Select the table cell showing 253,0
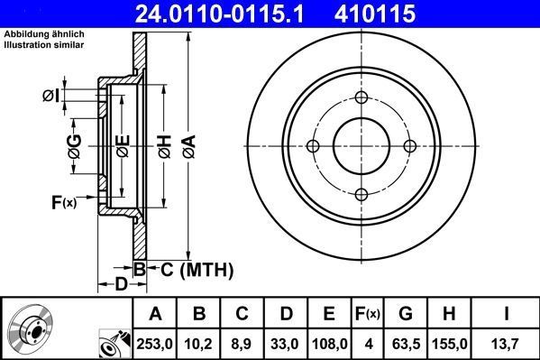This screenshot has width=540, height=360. (x=155, y=344)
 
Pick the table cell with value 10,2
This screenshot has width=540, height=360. (x=200, y=344)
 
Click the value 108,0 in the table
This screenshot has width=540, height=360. (x=329, y=344)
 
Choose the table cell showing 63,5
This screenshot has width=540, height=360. (x=405, y=344)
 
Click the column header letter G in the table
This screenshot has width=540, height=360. (x=405, y=314)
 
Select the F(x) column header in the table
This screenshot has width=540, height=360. (x=367, y=314)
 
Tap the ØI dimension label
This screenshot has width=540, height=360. (x=51, y=96)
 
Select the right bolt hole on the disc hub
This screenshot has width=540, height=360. (x=409, y=146)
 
